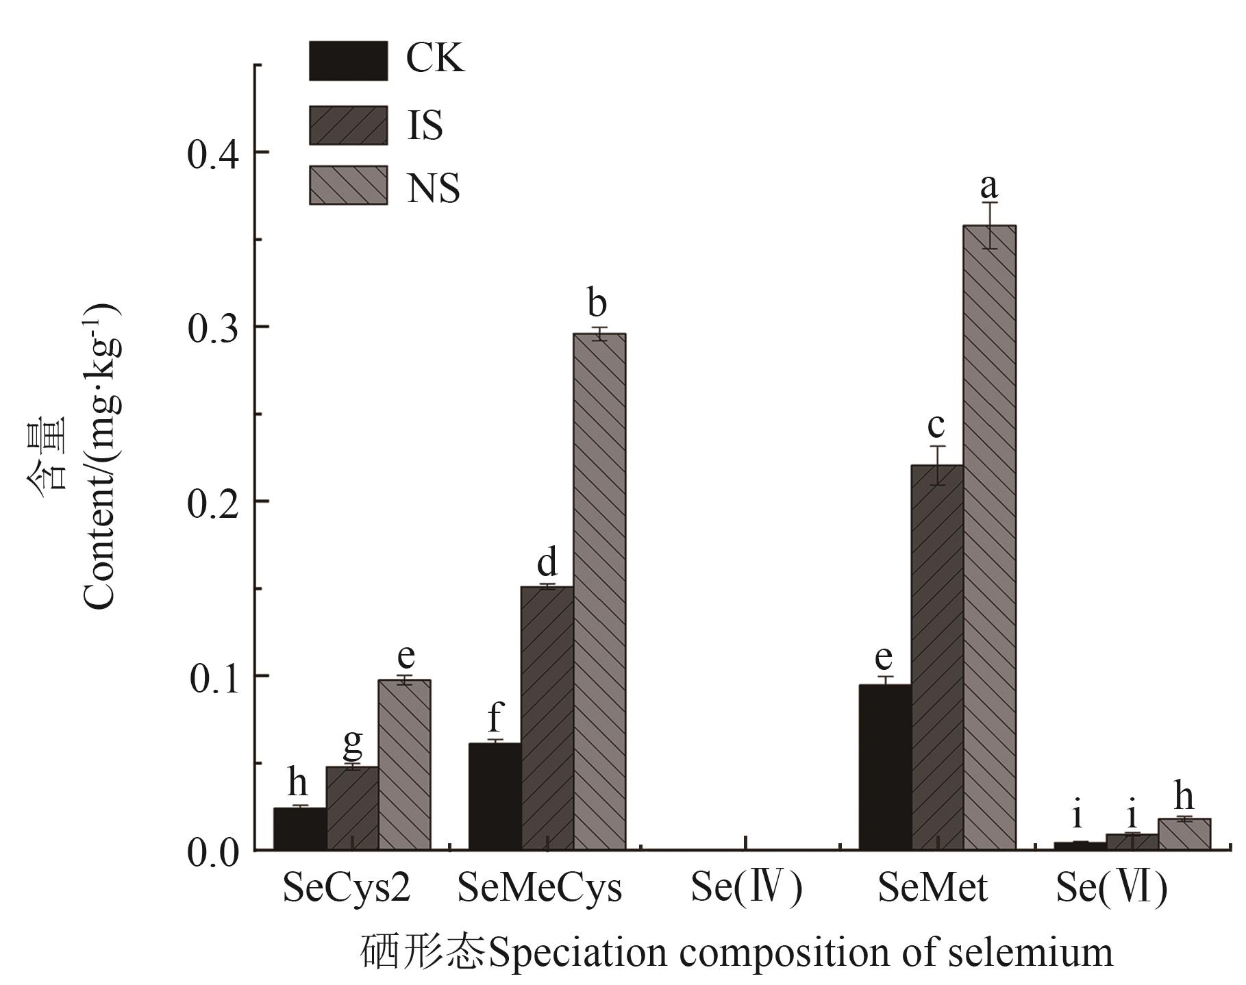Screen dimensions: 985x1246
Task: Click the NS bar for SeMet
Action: pyautogui.click(x=989, y=538)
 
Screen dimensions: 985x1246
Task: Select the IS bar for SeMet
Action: pyautogui.click(x=937, y=658)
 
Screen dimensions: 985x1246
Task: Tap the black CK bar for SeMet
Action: pyautogui.click(x=885, y=767)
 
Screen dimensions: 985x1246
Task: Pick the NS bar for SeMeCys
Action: pyautogui.click(x=599, y=592)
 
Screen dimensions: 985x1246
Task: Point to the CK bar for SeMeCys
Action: pyautogui.click(x=495, y=797)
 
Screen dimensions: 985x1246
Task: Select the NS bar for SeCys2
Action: pyautogui.click(x=404, y=765)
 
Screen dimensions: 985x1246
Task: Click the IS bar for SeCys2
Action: pyautogui.click(x=352, y=808)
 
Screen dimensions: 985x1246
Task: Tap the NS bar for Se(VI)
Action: pyautogui.click(x=1184, y=834)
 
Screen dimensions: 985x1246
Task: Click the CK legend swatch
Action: pyautogui.click(x=348, y=61)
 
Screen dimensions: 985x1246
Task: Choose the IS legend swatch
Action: pyautogui.click(x=348, y=125)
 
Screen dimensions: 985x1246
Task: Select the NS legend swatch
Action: pyautogui.click(x=348, y=186)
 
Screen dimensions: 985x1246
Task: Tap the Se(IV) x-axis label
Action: pyautogui.click(x=746, y=888)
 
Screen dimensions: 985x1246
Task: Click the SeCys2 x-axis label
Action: pyautogui.click(x=347, y=888)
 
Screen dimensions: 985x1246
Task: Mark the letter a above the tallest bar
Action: pyautogui.click(x=989, y=185)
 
